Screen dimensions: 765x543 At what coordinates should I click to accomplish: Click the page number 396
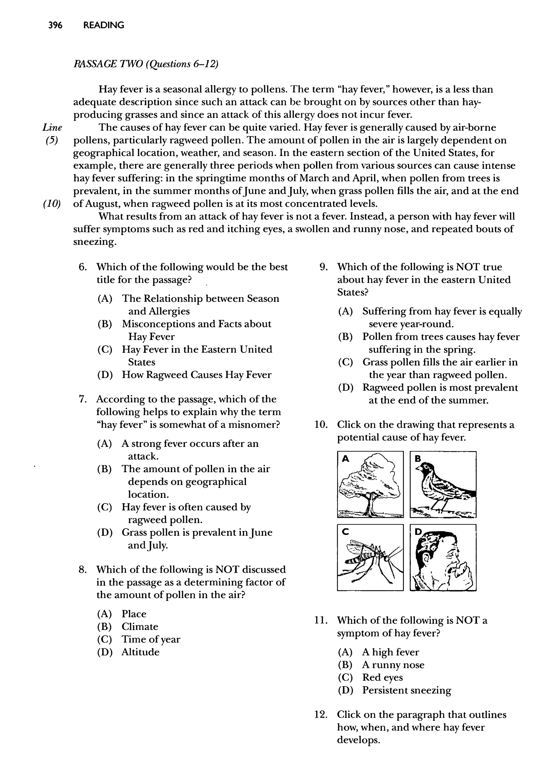(x=55, y=25)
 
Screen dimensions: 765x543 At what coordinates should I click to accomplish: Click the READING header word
(x=104, y=25)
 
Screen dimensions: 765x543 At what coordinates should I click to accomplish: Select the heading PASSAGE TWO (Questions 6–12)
(x=146, y=64)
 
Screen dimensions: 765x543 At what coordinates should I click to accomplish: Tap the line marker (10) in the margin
(x=52, y=204)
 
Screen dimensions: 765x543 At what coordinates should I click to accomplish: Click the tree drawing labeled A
(x=370, y=484)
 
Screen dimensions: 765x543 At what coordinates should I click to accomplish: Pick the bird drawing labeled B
(x=443, y=484)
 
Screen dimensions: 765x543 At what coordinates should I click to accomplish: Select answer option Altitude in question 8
(x=141, y=652)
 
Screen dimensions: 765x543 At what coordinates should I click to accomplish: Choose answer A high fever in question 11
(x=391, y=652)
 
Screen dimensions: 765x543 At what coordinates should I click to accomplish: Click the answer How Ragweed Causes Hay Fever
(x=197, y=375)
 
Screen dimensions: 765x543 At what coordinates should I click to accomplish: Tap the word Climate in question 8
(x=140, y=627)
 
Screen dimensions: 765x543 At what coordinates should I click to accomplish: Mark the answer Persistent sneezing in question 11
(x=406, y=690)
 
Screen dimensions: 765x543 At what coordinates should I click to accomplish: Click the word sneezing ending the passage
(x=95, y=242)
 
